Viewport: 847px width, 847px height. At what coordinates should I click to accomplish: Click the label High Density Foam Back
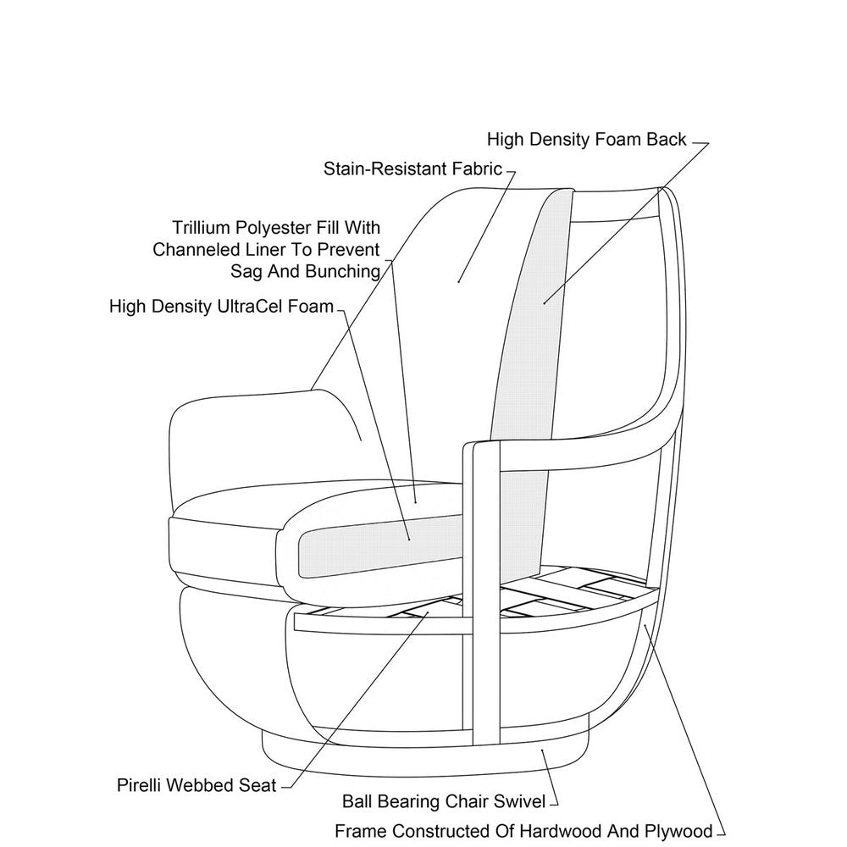click(586, 139)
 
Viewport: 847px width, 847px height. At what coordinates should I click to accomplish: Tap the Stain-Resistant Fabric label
click(413, 169)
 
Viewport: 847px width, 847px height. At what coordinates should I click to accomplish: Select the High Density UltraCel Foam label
click(222, 306)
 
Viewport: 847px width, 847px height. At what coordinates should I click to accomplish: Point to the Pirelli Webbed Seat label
click(197, 784)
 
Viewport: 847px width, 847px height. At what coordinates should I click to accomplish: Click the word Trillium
click(201, 228)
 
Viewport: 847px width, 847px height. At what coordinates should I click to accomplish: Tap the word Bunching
click(346, 271)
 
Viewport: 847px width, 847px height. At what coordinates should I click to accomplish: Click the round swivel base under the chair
click(423, 754)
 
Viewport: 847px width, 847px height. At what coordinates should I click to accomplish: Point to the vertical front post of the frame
click(481, 593)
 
